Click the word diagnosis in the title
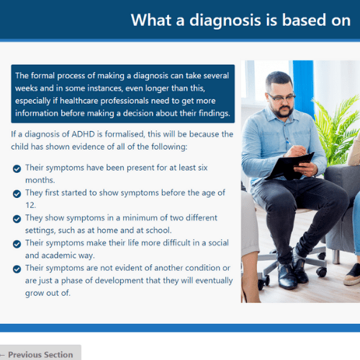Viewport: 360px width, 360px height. pos(225,21)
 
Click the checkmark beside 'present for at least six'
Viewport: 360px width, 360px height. pos(17,168)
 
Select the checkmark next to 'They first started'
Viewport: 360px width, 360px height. pos(17,194)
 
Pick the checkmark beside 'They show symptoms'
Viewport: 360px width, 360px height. pos(17,219)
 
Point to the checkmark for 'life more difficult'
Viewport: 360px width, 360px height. pos(17,244)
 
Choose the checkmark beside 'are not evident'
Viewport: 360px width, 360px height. pos(17,269)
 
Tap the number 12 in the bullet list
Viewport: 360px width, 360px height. pos(30,205)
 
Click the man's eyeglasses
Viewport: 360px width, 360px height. pos(282,98)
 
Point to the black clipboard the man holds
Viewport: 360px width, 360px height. pos(289,166)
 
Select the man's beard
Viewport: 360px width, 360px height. pos(284,111)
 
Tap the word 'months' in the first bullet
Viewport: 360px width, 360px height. pos(40,180)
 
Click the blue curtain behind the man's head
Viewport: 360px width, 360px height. pos(303,81)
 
